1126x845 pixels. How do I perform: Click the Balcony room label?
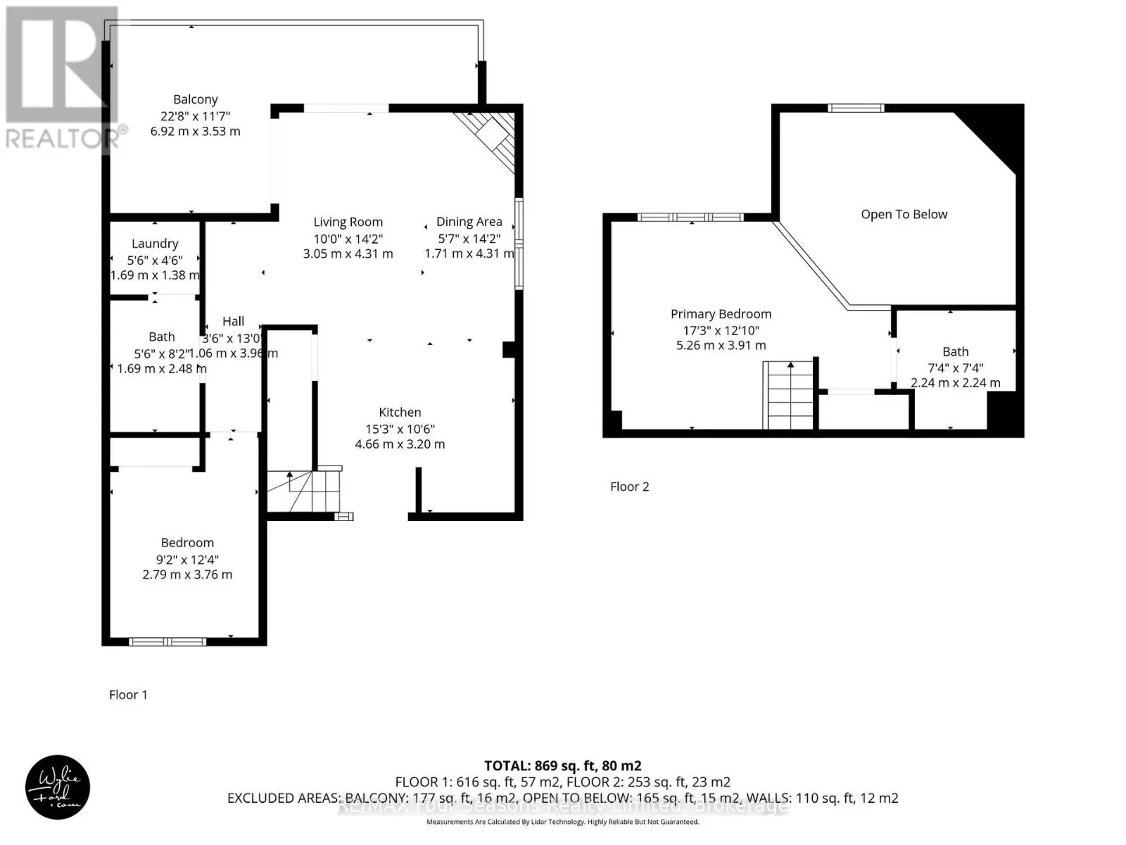196,99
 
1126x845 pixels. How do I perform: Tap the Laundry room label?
155,244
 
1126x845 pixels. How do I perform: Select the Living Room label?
348,222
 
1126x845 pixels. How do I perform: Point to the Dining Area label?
469,222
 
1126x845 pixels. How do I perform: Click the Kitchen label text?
400,413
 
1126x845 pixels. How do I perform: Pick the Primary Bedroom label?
721,314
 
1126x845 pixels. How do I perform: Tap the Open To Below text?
904,214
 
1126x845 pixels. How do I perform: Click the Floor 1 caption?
128,695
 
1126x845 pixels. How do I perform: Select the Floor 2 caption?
629,487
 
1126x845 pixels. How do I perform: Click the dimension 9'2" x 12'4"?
187,560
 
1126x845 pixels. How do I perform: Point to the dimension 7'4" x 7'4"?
955,368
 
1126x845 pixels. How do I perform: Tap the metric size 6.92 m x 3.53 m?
195,132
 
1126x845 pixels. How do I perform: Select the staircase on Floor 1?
303,491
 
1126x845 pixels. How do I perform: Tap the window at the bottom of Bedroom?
167,641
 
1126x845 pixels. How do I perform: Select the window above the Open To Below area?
855,108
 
